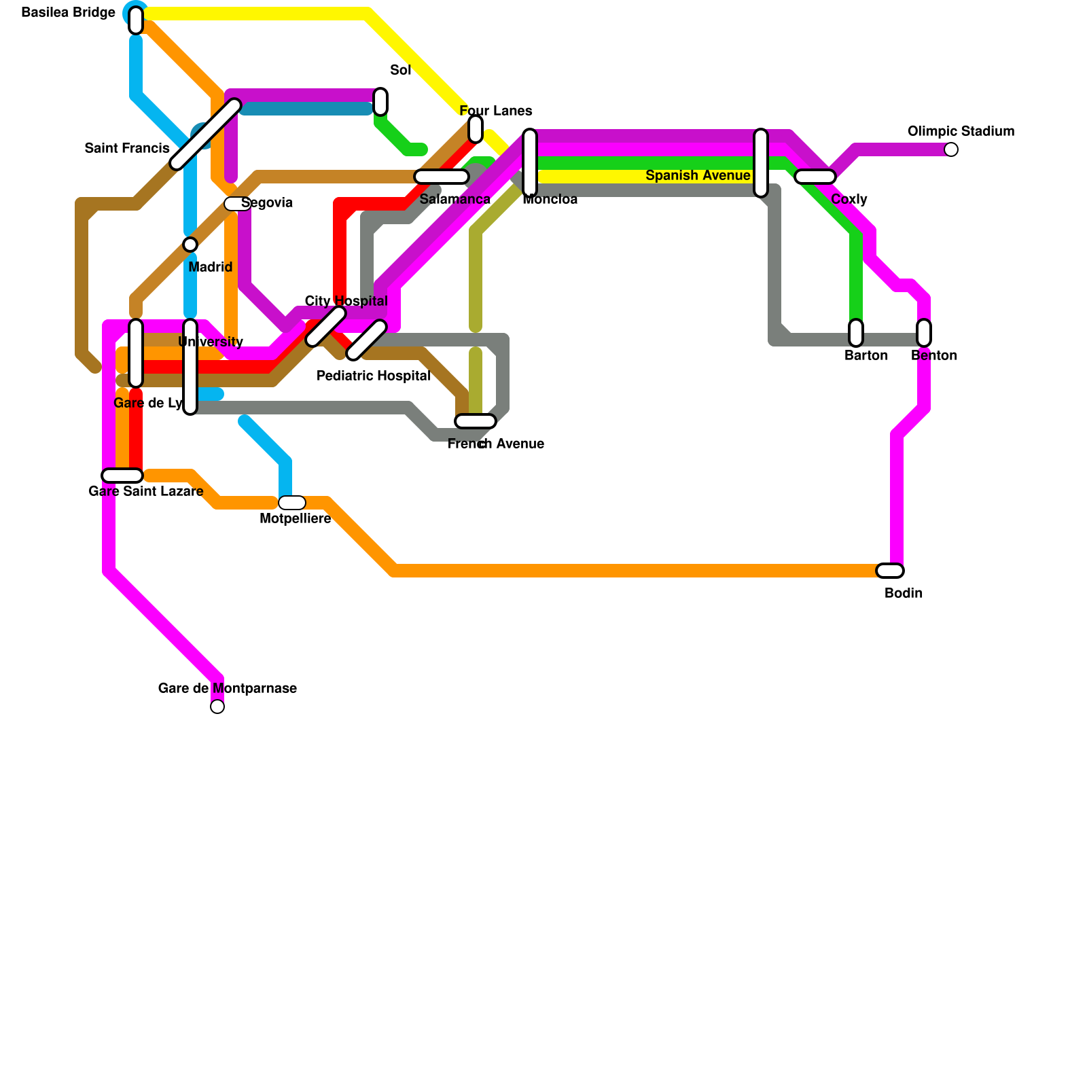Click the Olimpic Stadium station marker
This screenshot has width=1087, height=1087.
tap(951, 149)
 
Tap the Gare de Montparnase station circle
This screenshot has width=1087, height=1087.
tap(217, 707)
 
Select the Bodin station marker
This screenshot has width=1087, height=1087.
tap(890, 571)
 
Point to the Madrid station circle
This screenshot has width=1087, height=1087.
tap(190, 245)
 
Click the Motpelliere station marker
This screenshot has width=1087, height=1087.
tap(292, 503)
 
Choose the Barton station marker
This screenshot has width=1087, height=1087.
tap(856, 333)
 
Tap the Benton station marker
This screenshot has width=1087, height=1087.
tap(924, 333)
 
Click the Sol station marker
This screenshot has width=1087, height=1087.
tap(380, 102)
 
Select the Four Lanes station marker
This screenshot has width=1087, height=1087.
tap(476, 129)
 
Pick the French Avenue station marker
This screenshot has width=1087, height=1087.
tap(476, 421)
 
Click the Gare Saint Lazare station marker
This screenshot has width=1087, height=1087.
tap(122, 476)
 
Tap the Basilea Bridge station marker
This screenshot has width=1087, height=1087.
tap(136, 20)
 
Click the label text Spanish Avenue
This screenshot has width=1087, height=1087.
tap(698, 176)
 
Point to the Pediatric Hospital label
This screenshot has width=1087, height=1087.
tap(374, 376)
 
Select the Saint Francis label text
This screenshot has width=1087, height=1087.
tap(127, 149)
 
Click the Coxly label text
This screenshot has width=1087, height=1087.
tap(849, 200)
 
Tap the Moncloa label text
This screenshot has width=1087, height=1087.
tap(550, 200)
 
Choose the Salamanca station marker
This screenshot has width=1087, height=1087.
tap(442, 177)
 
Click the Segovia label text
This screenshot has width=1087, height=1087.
tap(267, 203)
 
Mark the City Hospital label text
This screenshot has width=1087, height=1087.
tap(346, 301)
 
